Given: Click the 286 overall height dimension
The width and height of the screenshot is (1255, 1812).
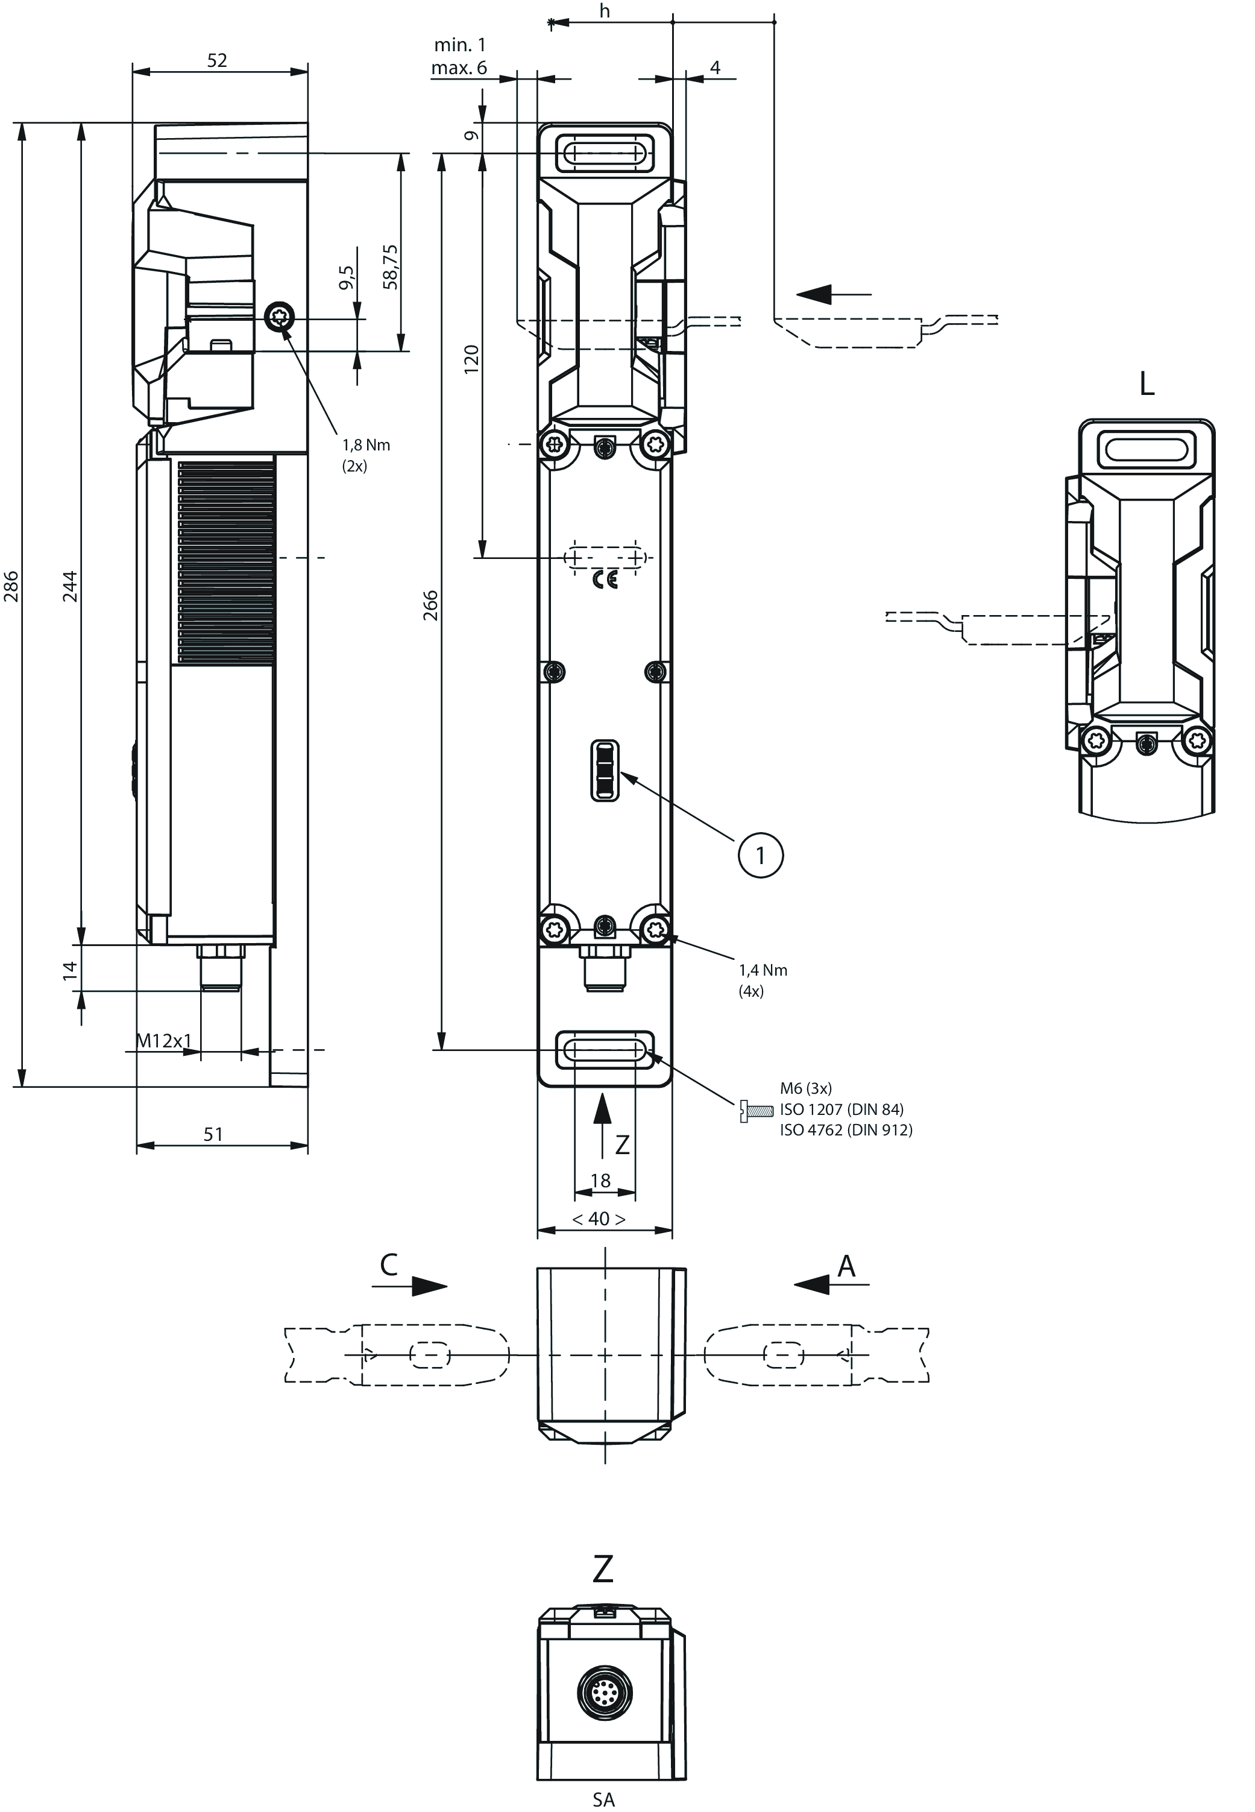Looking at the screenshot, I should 11,587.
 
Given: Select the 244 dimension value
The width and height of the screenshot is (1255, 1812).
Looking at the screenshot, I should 70,587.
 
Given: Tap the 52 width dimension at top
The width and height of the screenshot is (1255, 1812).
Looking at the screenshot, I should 217,60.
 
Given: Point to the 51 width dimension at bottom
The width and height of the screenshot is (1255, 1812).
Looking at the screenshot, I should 213,1134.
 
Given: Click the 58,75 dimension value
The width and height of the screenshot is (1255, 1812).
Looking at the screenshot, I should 391,267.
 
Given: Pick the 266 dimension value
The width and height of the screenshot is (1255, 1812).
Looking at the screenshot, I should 431,605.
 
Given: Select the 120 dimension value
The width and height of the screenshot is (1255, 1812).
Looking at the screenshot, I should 472,359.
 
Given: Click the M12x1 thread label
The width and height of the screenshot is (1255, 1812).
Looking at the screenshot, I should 163,1041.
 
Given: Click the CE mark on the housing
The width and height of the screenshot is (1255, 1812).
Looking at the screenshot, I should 605,581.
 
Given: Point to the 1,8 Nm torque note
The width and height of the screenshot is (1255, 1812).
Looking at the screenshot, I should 366,445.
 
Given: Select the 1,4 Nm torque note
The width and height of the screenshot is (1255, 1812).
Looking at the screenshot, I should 763,970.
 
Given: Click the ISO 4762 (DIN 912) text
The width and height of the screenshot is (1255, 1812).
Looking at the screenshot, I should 846,1130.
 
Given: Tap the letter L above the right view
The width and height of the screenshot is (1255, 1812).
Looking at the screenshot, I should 1146,385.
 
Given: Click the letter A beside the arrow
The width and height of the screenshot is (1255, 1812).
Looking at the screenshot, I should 846,1266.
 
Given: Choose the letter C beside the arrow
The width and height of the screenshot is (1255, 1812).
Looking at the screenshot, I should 388,1264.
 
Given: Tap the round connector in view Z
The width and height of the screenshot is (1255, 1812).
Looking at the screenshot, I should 604,1691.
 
